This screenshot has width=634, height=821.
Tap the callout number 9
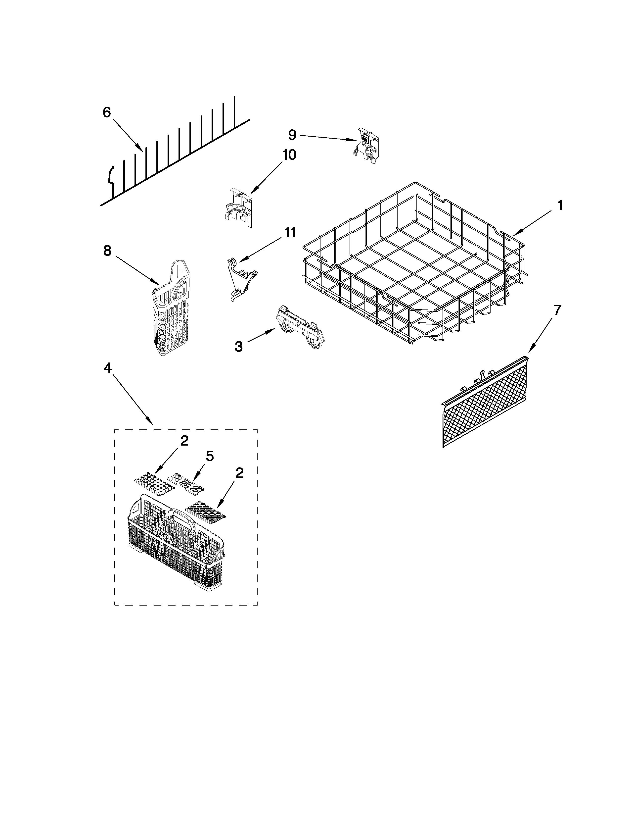click(292, 135)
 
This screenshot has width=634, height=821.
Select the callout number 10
click(289, 154)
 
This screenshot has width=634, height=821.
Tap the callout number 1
click(560, 206)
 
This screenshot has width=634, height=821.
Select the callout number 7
click(557, 310)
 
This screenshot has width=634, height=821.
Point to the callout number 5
click(210, 456)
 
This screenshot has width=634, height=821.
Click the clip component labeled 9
click(367, 146)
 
